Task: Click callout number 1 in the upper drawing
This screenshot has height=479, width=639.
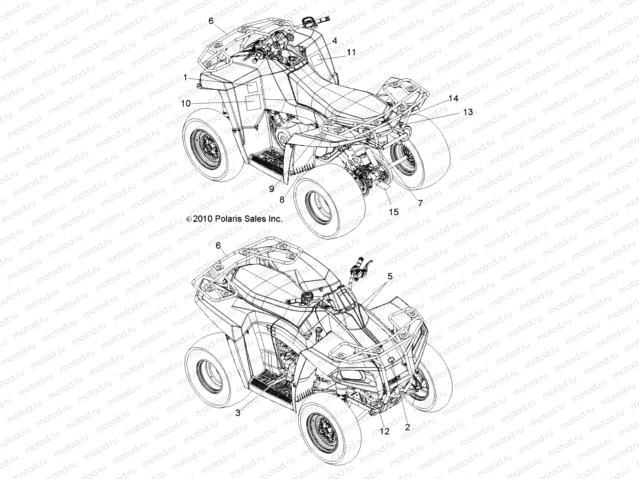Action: click(x=186, y=78)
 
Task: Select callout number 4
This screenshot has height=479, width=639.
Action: click(x=335, y=41)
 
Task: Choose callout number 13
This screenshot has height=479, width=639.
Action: click(x=468, y=112)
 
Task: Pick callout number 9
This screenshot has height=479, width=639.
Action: click(x=272, y=189)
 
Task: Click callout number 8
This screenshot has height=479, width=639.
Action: click(x=282, y=200)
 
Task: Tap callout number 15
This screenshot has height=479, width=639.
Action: click(x=394, y=212)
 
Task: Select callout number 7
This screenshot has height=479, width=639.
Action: click(x=420, y=203)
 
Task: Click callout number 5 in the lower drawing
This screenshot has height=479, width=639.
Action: click(x=390, y=276)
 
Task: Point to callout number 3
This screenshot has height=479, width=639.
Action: click(x=238, y=413)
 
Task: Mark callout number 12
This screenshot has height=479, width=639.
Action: click(x=385, y=431)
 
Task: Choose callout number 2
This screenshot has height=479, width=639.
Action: click(x=407, y=427)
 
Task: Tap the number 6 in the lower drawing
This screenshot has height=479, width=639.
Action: click(x=218, y=246)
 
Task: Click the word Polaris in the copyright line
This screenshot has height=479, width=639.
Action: click(x=228, y=219)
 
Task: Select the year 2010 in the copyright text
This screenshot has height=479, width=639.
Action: click(x=203, y=219)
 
